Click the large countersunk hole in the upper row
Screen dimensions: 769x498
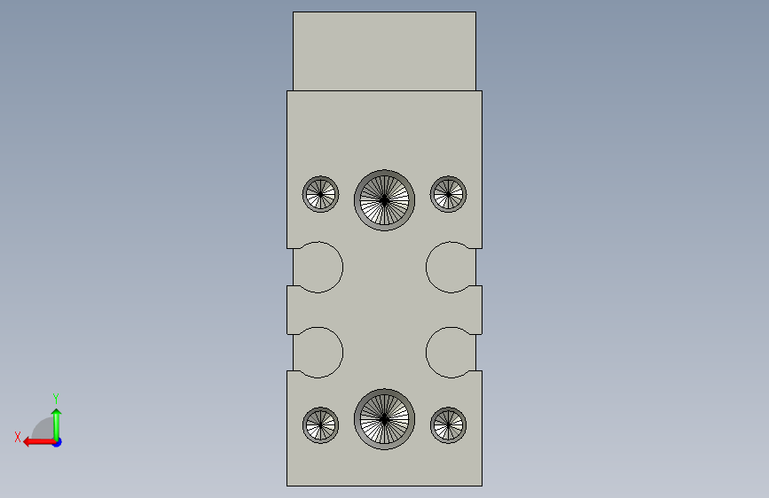click(385, 200)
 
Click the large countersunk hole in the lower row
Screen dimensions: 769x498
click(385, 419)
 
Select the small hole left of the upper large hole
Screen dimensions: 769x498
click(321, 194)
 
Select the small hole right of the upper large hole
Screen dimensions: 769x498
click(448, 194)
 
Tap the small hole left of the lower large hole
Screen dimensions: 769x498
click(321, 425)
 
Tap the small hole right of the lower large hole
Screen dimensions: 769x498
click(448, 425)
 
